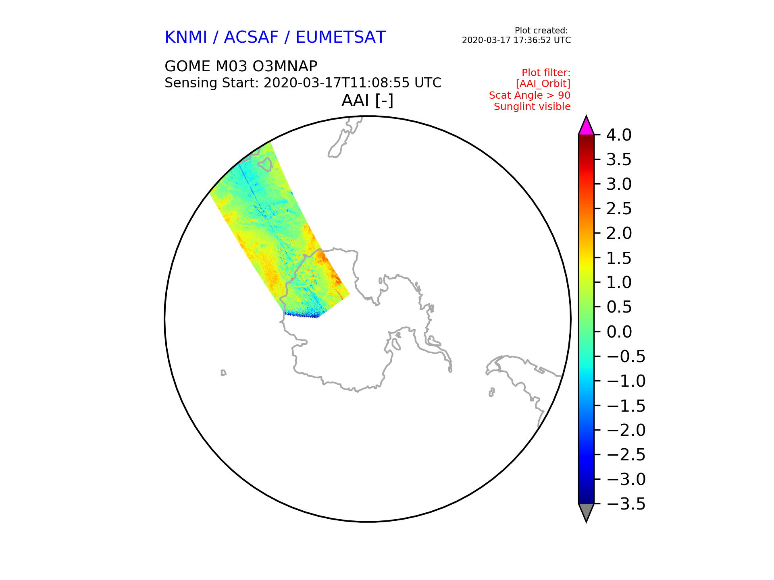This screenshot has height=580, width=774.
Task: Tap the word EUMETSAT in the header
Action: tap(341, 37)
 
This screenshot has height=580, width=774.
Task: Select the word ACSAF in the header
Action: tap(251, 37)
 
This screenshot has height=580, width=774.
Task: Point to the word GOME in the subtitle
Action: tap(187, 66)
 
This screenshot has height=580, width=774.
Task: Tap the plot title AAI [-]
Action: tap(367, 100)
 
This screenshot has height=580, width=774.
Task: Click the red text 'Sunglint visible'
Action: tap(532, 107)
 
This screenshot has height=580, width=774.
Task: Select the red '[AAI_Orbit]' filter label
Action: tap(543, 84)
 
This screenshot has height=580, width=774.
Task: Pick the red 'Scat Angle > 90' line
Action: tap(530, 95)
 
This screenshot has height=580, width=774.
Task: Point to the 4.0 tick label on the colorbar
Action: tap(619, 135)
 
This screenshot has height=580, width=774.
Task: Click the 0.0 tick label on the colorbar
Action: tap(619, 332)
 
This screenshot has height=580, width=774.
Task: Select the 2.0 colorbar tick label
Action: tap(619, 233)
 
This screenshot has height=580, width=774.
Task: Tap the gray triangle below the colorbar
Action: tap(586, 512)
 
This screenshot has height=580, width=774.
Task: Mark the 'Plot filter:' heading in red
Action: tap(546, 73)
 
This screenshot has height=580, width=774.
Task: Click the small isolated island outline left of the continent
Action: tap(223, 373)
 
